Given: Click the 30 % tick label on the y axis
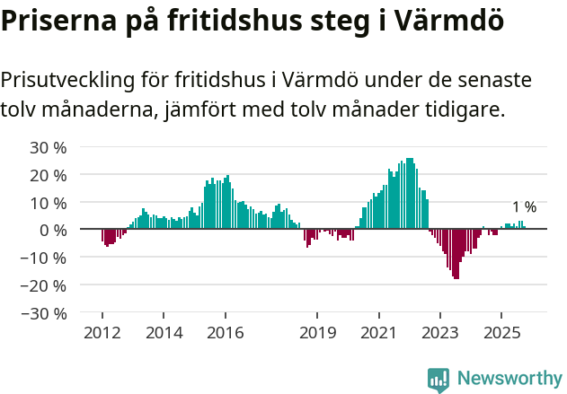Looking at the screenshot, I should tap(49, 147).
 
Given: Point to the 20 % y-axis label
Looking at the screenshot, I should tap(49, 175).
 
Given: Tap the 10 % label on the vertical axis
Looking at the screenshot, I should tap(49, 203).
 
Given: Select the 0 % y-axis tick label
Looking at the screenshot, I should tap(53, 231).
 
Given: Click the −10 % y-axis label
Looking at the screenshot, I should tap(45, 258).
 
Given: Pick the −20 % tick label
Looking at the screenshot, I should tap(45, 286).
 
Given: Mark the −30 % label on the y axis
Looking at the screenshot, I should tap(45, 314).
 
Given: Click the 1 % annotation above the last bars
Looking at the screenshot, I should tap(524, 207).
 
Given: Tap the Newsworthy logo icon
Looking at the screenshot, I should tap(439, 380).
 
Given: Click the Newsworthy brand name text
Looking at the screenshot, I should tap(509, 379).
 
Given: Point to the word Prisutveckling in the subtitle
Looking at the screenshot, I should tap(69, 81).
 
